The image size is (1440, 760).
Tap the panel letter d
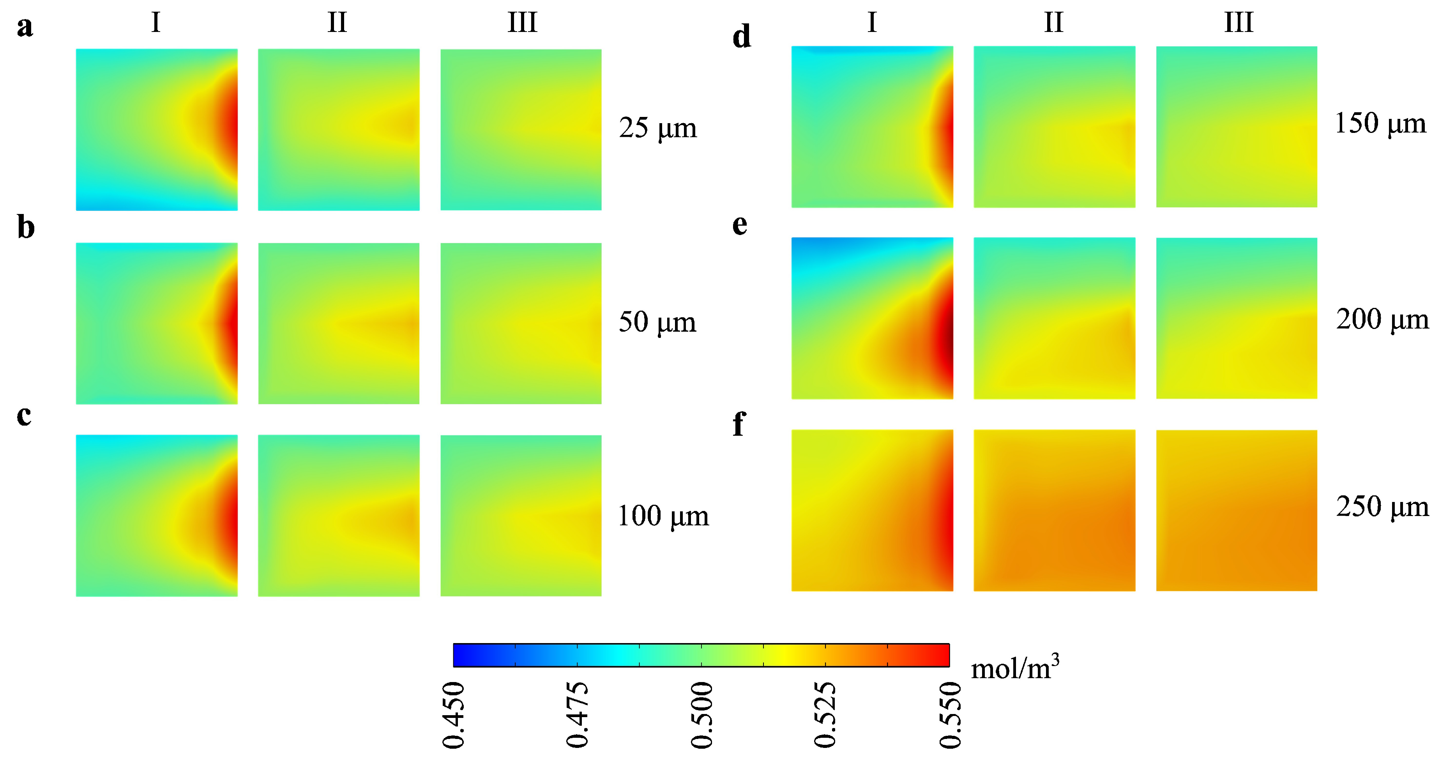741,37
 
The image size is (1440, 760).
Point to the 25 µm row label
657,128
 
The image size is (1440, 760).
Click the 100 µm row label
663,516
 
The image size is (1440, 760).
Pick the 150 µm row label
1380,124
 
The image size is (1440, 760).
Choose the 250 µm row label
1382,507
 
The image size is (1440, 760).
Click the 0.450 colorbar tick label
453,715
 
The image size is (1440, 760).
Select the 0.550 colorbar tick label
950,715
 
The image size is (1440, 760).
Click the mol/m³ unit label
1014,667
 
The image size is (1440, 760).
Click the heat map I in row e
872,318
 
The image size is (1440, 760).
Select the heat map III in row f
1237,510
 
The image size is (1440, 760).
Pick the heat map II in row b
339,323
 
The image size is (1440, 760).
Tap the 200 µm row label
1382,319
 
